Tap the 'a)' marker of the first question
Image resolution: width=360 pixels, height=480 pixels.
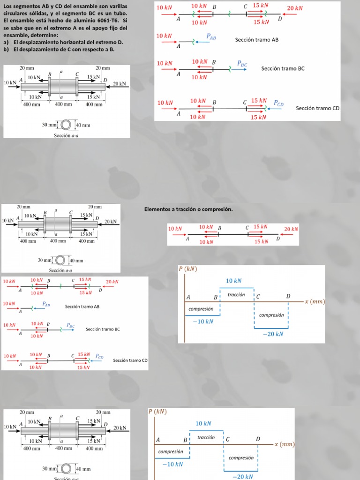pyautogui.click(x=6, y=42)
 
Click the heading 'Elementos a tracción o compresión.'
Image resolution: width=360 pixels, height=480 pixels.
pyautogui.click(x=188, y=209)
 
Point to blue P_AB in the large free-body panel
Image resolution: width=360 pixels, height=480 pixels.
pyautogui.click(x=211, y=36)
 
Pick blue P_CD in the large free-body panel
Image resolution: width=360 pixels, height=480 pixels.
pyautogui.click(x=278, y=104)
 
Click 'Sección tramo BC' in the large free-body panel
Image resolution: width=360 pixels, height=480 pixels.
pyautogui.click(x=283, y=68)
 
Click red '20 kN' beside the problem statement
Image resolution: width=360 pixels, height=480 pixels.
pyautogui.click(x=294, y=8)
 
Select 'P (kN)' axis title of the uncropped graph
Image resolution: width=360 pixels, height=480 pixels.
pyautogui.click(x=188, y=269)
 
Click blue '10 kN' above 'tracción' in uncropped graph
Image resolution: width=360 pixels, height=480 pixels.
pyautogui.click(x=233, y=281)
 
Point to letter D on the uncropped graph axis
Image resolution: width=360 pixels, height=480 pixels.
pyautogui.click(x=288, y=296)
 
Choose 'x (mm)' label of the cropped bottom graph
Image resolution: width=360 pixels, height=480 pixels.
pyautogui.click(x=285, y=444)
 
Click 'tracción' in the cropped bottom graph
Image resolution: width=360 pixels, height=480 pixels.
pyautogui.click(x=206, y=437)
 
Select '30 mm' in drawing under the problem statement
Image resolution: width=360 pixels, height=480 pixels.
pyautogui.click(x=49, y=125)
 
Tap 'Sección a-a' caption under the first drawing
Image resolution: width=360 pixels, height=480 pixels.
pyautogui.click(x=65, y=135)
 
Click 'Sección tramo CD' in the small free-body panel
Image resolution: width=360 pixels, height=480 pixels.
pyautogui.click(x=130, y=360)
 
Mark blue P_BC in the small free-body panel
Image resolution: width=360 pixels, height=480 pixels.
pyautogui.click(x=70, y=325)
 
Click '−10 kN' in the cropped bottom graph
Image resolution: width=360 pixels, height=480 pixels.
pyautogui.click(x=172, y=464)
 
